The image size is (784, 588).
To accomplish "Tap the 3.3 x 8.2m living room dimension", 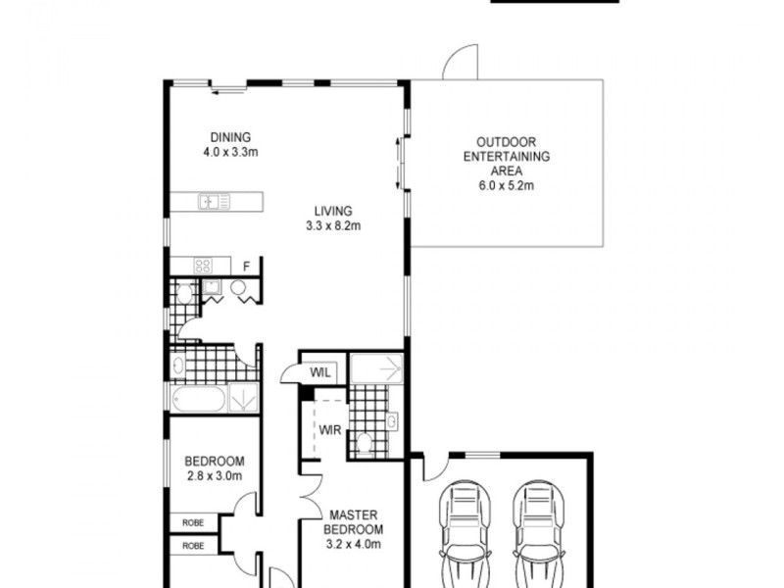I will [x=333, y=226].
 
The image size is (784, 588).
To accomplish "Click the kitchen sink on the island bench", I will [x=214, y=203].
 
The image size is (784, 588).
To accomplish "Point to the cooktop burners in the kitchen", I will [x=204, y=265].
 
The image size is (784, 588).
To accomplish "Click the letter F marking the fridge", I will [x=247, y=266].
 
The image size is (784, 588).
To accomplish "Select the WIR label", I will [x=326, y=428].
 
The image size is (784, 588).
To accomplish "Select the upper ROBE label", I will [x=192, y=523].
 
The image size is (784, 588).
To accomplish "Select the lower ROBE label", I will [x=192, y=546].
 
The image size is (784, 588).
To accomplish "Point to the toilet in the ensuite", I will [x=364, y=442].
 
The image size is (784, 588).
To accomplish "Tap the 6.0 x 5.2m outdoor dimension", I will [x=506, y=184].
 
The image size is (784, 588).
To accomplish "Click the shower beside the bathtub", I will [x=243, y=399].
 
